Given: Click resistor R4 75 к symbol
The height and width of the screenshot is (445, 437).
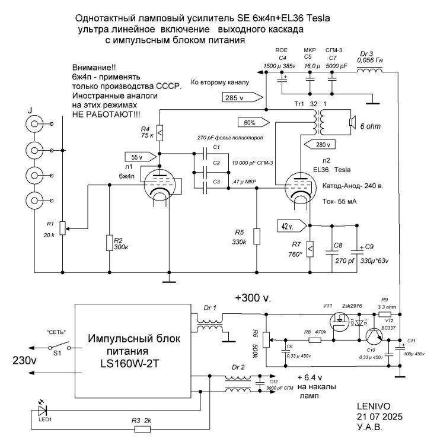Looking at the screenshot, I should tap(158, 132).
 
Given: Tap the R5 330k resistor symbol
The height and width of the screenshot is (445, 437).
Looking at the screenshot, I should tap(256, 236).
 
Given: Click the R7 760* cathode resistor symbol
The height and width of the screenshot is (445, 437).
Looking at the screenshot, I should tap(310, 244).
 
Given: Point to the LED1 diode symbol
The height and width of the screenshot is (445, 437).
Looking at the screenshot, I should tap(42, 409).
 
